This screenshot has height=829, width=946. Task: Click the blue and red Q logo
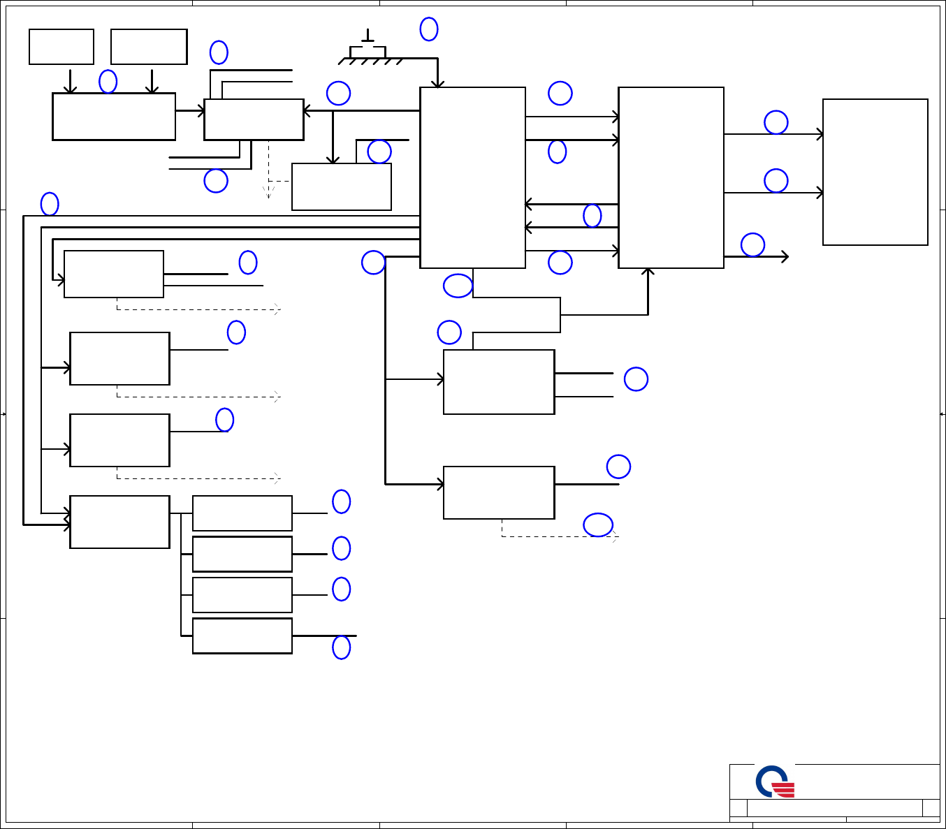click(x=775, y=782)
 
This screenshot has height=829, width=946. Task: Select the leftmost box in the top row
click(x=61, y=47)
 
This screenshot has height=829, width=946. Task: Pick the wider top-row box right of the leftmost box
click(x=149, y=47)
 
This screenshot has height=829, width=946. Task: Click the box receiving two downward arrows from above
click(x=114, y=117)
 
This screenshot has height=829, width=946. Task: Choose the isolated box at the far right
click(x=875, y=172)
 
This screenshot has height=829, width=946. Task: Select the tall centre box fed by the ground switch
click(x=472, y=177)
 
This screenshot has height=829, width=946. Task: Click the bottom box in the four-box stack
click(x=242, y=636)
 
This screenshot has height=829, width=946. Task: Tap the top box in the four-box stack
click(x=242, y=513)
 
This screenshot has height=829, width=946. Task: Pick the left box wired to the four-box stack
click(x=119, y=522)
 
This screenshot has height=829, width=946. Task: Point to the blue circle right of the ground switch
click(x=429, y=29)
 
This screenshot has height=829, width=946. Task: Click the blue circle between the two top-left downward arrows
click(x=108, y=82)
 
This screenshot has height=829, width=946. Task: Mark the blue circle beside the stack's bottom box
click(x=342, y=647)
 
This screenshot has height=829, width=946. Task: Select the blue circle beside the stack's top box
click(x=342, y=501)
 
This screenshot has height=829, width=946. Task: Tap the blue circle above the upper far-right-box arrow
click(x=776, y=122)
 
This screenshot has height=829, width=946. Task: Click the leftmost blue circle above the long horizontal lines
click(x=50, y=204)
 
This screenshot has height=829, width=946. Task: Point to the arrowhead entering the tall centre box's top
click(x=437, y=85)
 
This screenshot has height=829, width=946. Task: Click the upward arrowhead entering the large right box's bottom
click(x=648, y=272)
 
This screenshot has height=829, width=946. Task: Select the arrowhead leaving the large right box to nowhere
click(x=785, y=257)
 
